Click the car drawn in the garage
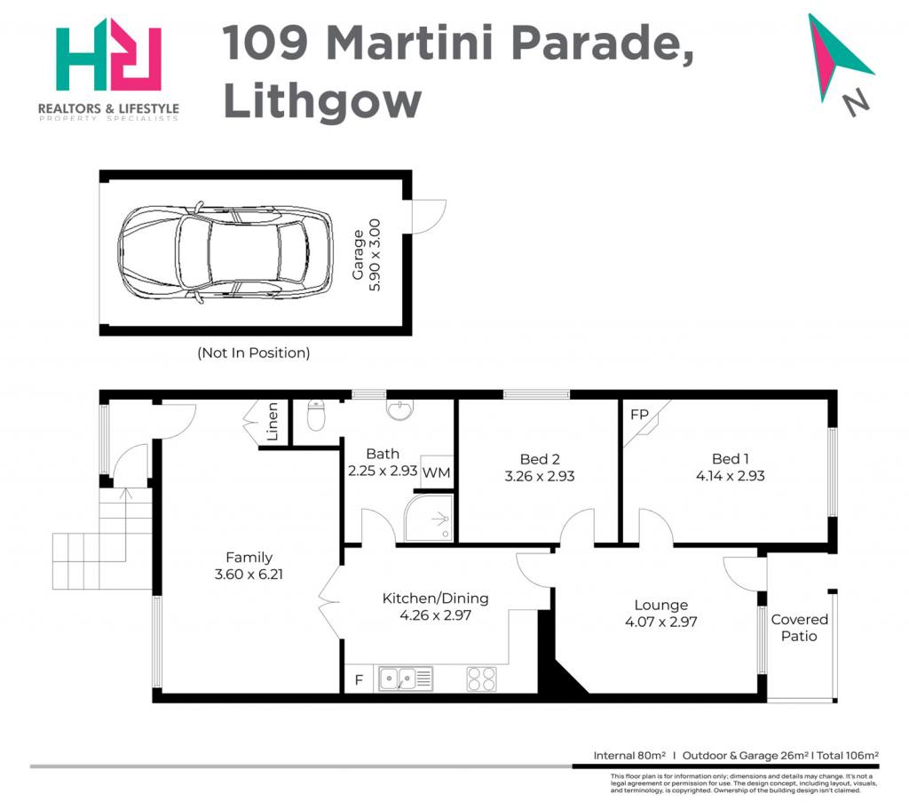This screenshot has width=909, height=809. [225, 253]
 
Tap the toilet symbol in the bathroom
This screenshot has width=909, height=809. [316, 415]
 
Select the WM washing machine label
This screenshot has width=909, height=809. [436, 472]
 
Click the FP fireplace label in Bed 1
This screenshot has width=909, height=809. [639, 415]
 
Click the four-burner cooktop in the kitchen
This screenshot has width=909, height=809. [482, 679]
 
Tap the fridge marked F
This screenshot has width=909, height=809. [359, 679]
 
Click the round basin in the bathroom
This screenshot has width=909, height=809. [400, 408]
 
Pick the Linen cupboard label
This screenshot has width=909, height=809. [273, 422]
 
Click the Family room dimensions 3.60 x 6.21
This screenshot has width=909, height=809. [249, 575]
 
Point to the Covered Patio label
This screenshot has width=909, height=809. [800, 628]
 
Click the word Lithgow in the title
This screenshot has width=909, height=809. [322, 102]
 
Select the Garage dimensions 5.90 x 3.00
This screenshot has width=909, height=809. [375, 255]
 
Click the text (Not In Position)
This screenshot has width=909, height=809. [254, 353]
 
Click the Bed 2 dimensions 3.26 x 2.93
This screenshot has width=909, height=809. [540, 477]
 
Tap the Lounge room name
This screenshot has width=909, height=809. [660, 605]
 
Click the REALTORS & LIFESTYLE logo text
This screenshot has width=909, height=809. [108, 107]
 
